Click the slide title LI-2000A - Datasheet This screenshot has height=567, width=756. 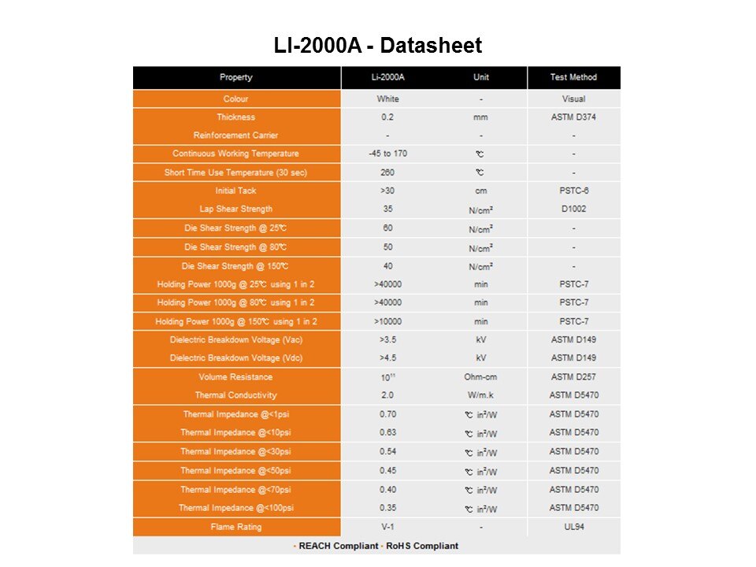(377, 46)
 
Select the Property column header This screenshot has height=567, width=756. (236, 77)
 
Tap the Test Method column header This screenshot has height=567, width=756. (573, 77)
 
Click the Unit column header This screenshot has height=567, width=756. (480, 77)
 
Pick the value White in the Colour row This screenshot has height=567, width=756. (387, 99)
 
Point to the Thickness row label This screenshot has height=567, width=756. (236, 117)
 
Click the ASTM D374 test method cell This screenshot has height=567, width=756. (573, 117)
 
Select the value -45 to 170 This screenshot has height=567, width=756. (387, 154)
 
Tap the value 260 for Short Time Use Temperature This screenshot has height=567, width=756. (387, 172)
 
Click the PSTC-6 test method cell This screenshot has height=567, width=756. (573, 191)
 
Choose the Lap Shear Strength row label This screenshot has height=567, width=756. (236, 209)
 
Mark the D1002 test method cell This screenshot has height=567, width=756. (573, 209)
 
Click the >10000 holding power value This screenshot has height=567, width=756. (387, 321)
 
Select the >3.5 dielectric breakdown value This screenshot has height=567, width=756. (387, 340)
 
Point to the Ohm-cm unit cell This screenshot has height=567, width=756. (480, 376)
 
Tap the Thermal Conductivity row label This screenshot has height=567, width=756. (236, 395)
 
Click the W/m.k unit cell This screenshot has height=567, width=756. (480, 395)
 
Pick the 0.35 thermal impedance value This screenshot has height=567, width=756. (387, 508)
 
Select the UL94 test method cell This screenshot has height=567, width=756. (573, 527)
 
